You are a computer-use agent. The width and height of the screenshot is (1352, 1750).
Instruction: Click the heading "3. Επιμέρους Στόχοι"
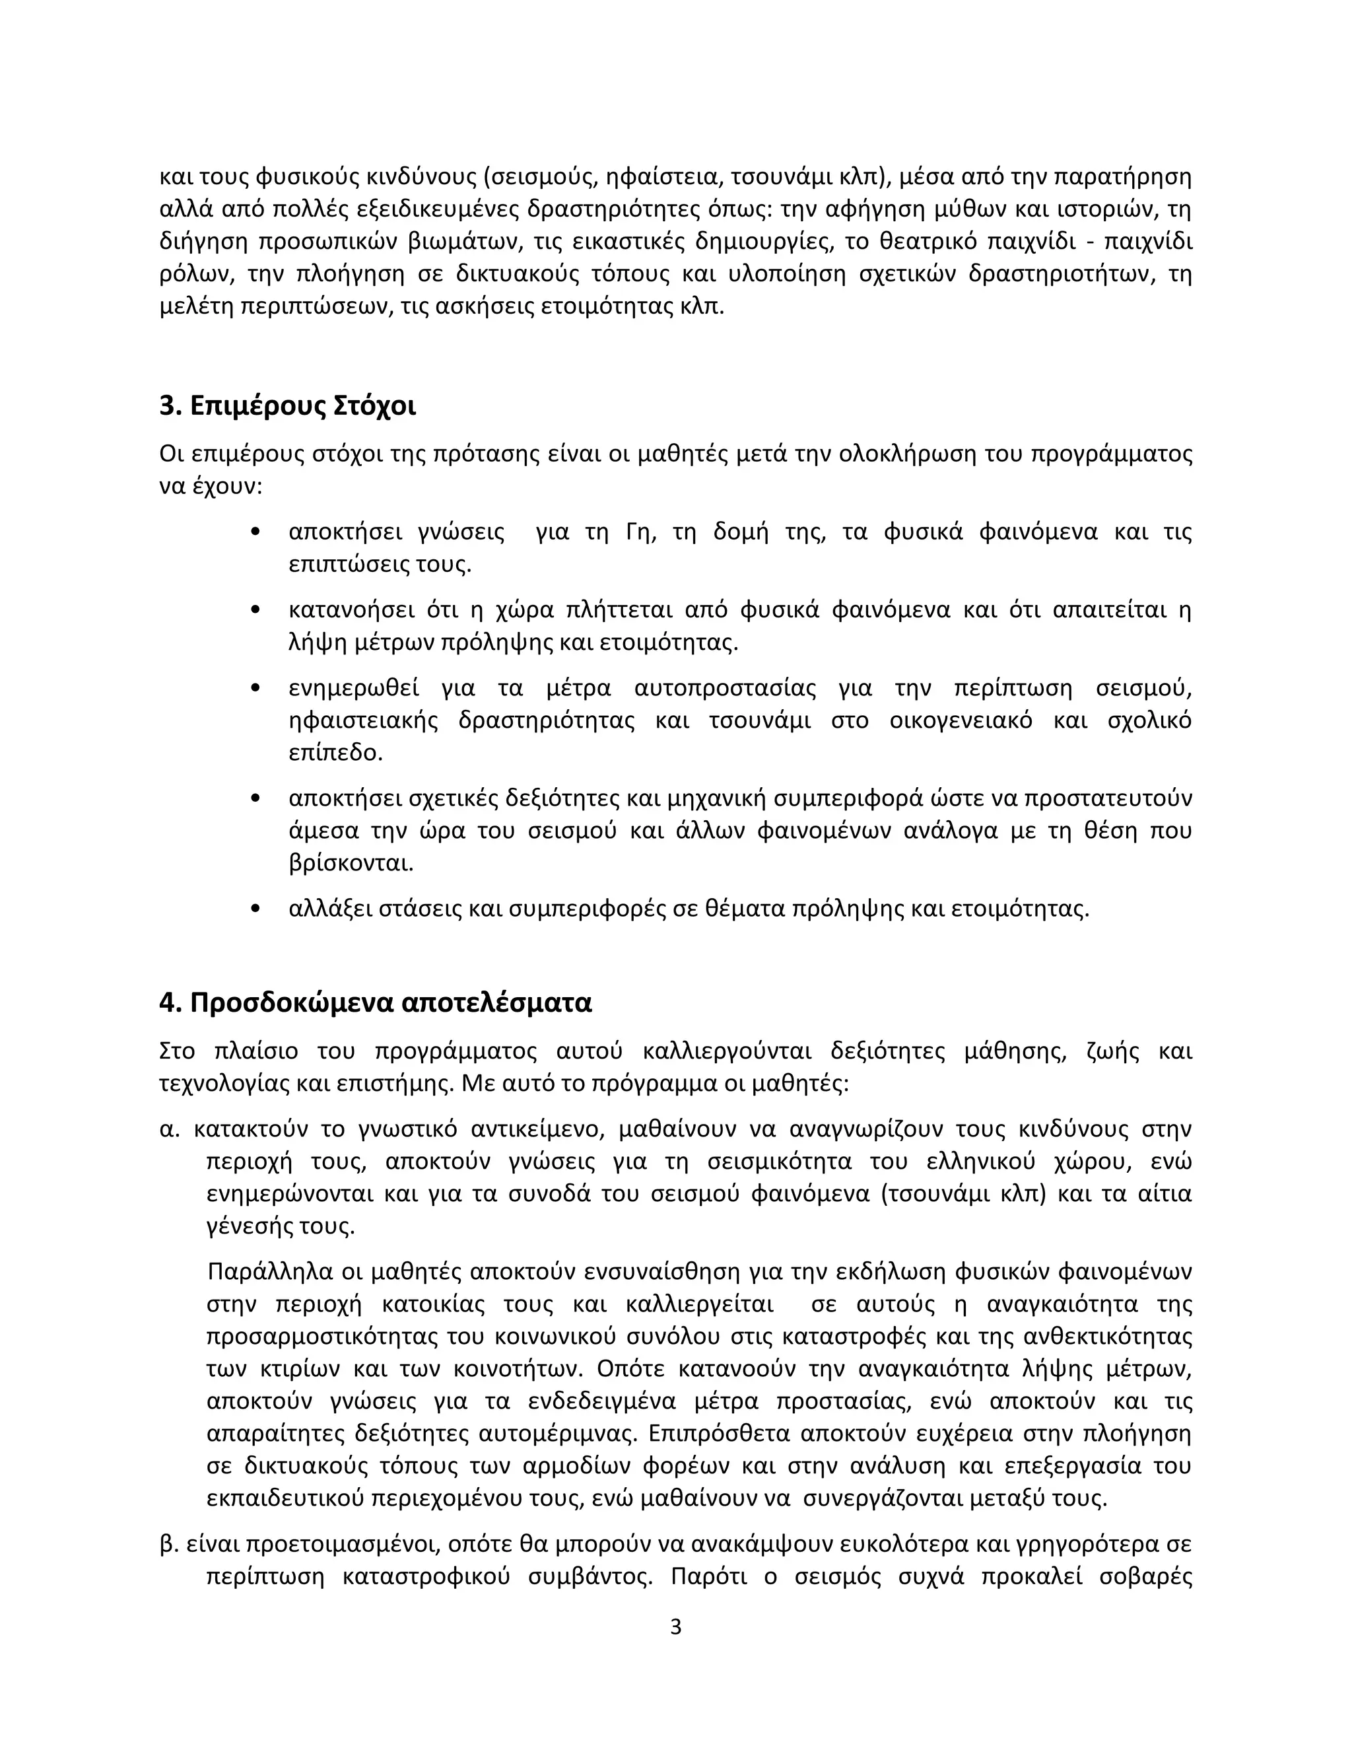[x=288, y=407]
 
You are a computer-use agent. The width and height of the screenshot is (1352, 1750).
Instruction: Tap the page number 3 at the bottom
[x=675, y=1627]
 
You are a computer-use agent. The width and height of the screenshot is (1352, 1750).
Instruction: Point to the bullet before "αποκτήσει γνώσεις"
[x=255, y=533]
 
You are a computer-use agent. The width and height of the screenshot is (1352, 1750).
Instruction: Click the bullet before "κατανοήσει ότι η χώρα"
[x=255, y=611]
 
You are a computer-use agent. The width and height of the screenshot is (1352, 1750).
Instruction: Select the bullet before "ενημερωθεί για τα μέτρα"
[x=255, y=688]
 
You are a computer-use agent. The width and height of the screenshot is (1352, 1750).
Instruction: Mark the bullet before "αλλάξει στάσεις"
[x=255, y=909]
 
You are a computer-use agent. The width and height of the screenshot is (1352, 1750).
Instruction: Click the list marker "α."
[x=170, y=1130]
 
